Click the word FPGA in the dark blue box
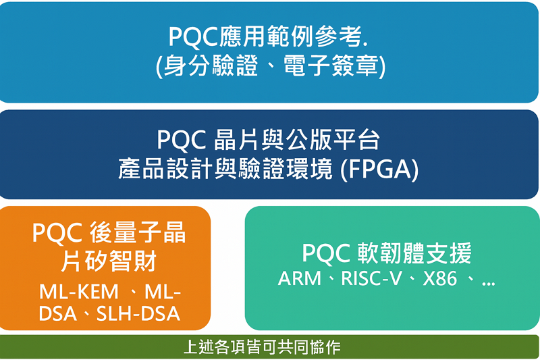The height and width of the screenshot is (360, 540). [x=379, y=169]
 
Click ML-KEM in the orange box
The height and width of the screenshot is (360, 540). [x=79, y=292]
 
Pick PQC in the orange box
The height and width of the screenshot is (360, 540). [x=57, y=233]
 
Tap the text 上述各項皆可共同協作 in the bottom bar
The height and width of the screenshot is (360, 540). [x=262, y=348]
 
